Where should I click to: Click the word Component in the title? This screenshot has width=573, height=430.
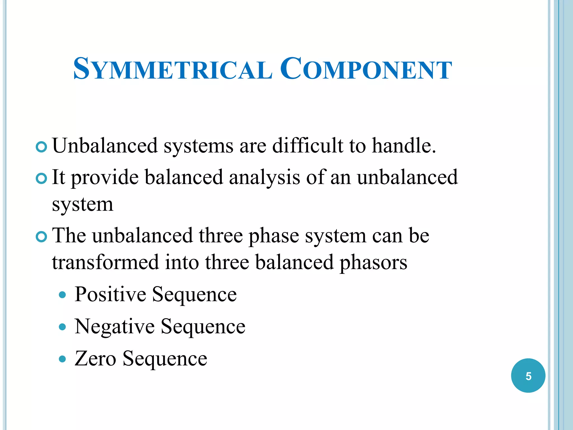point(366,69)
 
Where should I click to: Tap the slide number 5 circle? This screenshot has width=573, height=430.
point(528,376)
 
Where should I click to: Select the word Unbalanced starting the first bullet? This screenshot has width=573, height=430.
point(105,146)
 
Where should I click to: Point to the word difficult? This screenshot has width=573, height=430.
point(307,146)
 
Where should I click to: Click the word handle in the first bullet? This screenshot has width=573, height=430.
point(403,146)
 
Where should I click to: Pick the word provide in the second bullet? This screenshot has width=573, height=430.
point(105,178)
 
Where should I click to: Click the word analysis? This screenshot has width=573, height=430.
point(264,178)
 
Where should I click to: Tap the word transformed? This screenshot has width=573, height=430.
point(105,262)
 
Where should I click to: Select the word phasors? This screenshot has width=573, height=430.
point(373,262)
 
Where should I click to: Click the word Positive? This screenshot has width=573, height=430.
point(110,295)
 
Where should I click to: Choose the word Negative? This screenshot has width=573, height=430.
point(114,326)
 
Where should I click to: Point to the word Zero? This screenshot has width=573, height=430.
point(95,359)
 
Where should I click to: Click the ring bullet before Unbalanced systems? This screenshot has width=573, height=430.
point(41,147)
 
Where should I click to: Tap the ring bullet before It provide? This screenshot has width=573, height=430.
point(41,179)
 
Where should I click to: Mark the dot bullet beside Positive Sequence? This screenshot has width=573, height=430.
point(63,295)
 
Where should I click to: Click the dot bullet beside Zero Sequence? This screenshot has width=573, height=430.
point(63,359)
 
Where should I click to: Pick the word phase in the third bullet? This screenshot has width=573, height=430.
point(274,236)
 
